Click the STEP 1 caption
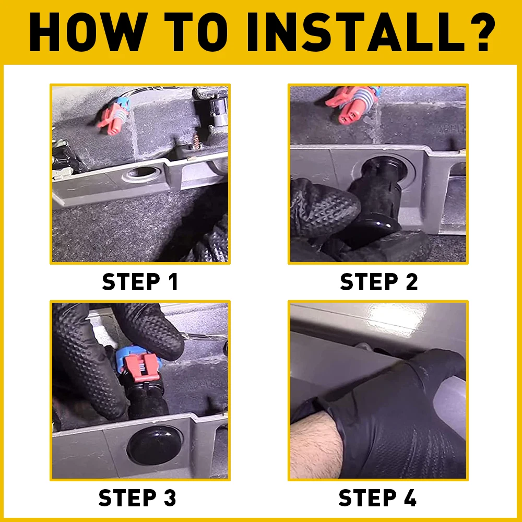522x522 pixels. point(140,282)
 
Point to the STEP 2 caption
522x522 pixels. point(378,282)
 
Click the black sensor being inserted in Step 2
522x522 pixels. point(377,196)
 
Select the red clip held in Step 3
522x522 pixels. point(140,367)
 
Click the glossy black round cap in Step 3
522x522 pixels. point(155,445)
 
